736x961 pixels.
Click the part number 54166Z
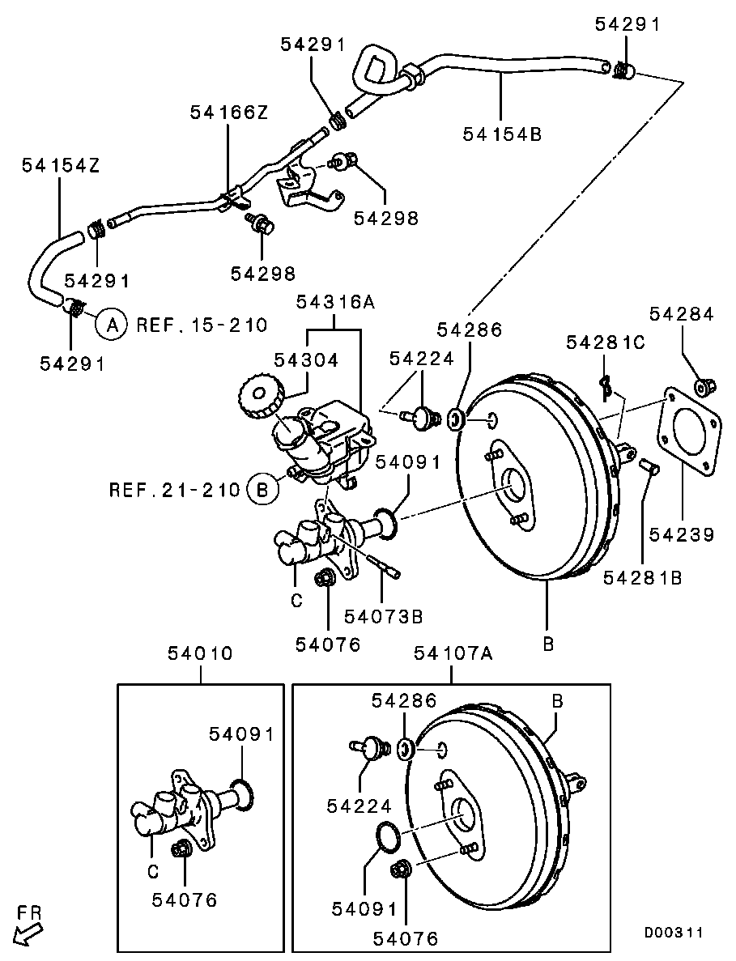pos(228,113)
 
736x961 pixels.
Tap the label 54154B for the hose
pos(502,134)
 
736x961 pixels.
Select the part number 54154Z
pos(60,165)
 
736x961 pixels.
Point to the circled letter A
pos(113,325)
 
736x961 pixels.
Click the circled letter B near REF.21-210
pos(262,490)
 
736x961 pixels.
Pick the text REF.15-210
pos(202,325)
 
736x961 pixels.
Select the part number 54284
pos(682,314)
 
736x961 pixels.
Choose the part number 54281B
pos(643,577)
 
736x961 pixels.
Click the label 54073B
pos(383,617)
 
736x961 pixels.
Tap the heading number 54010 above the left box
pos(200,653)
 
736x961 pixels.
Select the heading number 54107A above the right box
pos(453,653)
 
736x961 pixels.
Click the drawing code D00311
pos(674,933)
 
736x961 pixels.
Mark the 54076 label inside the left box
pos(184,900)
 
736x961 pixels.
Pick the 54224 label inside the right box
pos(359,806)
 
